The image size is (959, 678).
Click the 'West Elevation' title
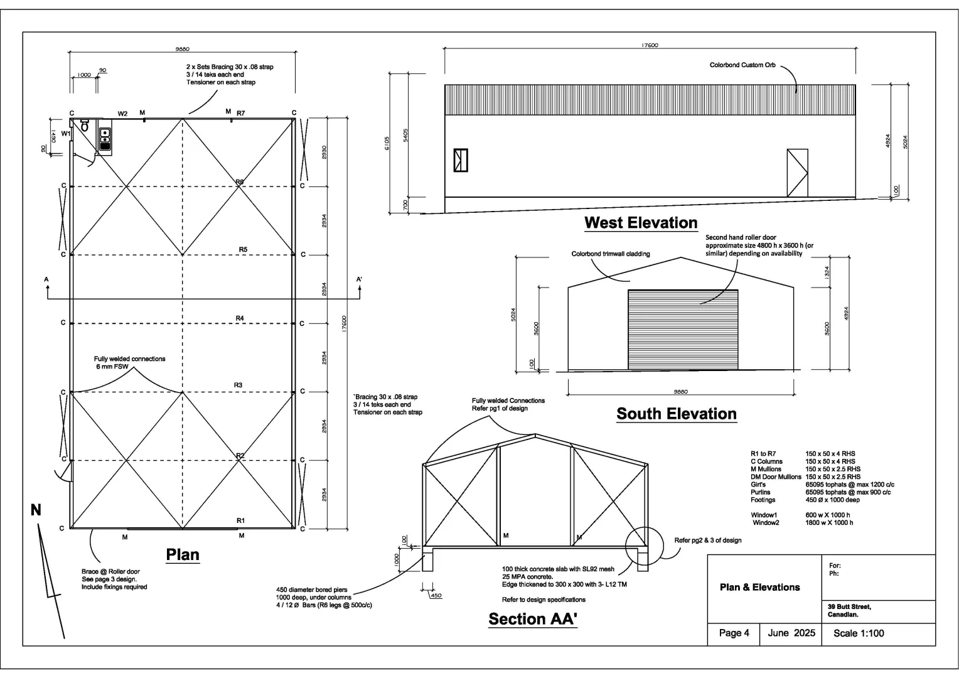click(641, 223)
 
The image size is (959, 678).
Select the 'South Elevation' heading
click(677, 414)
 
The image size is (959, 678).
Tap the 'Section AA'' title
click(533, 619)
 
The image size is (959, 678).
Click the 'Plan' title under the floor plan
click(183, 555)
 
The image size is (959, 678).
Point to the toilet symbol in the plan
click(84, 126)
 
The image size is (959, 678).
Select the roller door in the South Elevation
click(683, 330)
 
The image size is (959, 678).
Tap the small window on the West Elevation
click(461, 160)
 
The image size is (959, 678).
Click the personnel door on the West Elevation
click(797, 173)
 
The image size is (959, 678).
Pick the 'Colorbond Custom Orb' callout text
click(742, 65)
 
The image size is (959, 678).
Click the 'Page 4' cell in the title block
click(734, 633)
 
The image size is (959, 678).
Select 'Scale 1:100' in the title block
click(859, 633)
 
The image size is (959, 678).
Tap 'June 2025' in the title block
click(791, 633)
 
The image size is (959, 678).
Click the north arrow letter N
click(36, 510)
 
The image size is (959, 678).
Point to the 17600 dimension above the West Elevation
click(650, 45)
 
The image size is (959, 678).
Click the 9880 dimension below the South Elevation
click(681, 392)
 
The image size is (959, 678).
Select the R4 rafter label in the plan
click(240, 318)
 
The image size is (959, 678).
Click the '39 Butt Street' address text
click(849, 607)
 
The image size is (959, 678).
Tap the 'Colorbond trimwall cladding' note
click(611, 254)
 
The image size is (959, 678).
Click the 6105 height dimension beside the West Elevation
click(387, 143)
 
